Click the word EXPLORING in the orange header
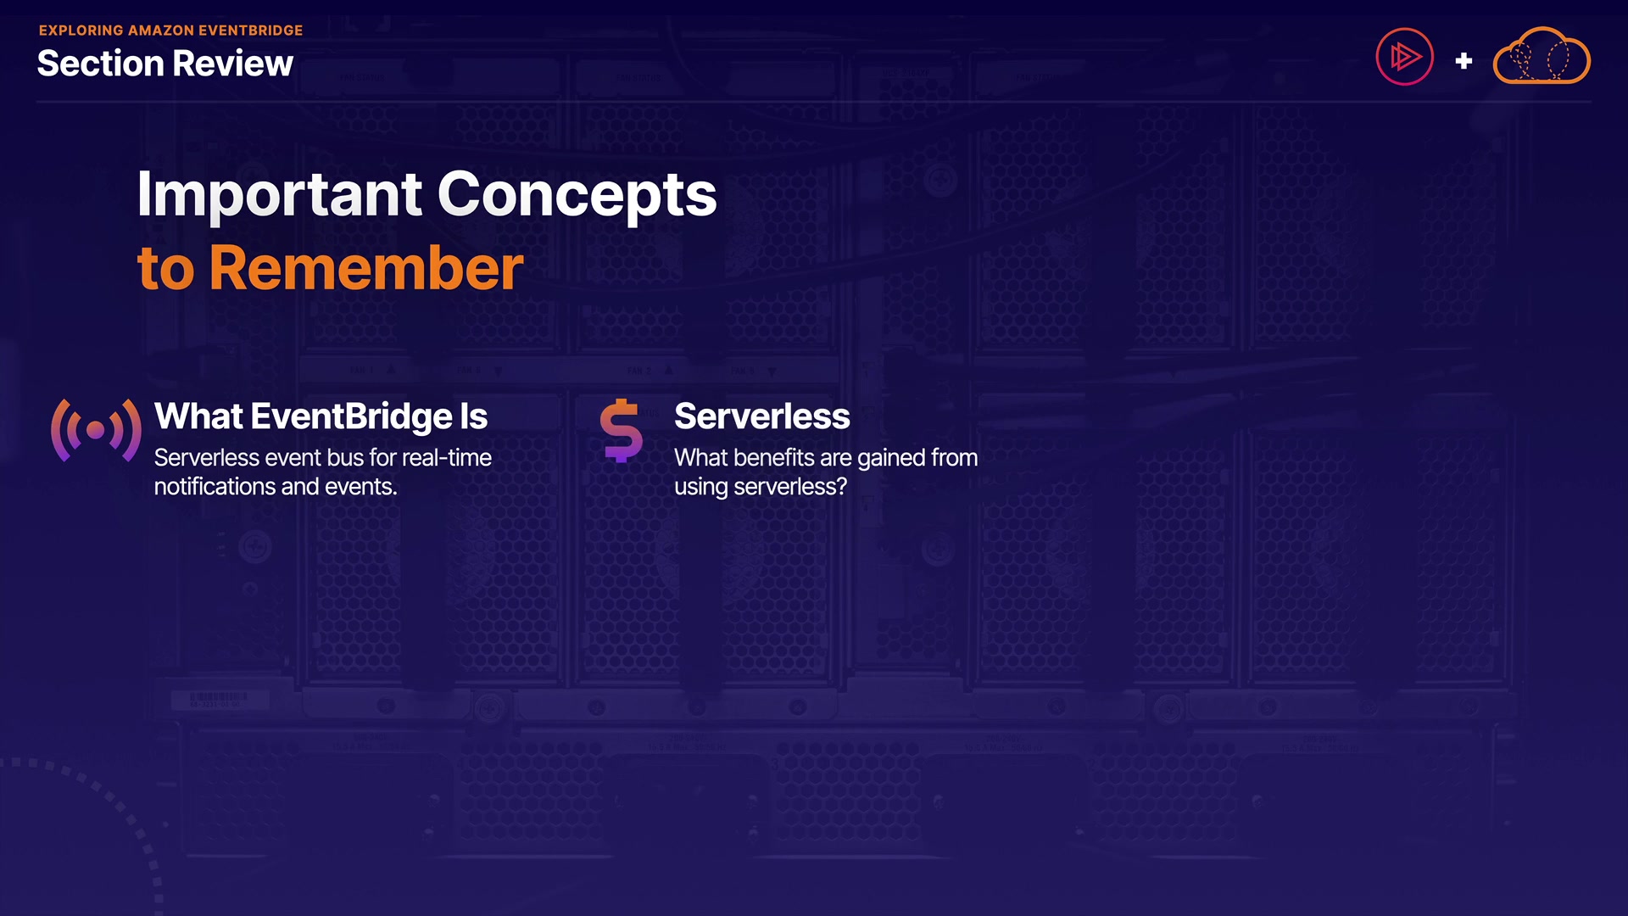[x=81, y=31]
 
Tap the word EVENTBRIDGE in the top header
[x=250, y=31]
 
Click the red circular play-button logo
[x=1404, y=57]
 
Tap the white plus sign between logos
[x=1464, y=61]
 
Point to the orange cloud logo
[x=1542, y=56]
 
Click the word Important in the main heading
[x=279, y=195]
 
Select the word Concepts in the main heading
[x=577, y=195]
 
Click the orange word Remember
[x=366, y=268]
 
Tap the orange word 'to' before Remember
[x=166, y=270]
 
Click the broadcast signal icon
[x=96, y=430]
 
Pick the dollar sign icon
[x=622, y=430]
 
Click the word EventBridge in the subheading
[x=352, y=417]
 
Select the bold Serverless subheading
[x=762, y=416]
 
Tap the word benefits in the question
[x=774, y=458]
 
